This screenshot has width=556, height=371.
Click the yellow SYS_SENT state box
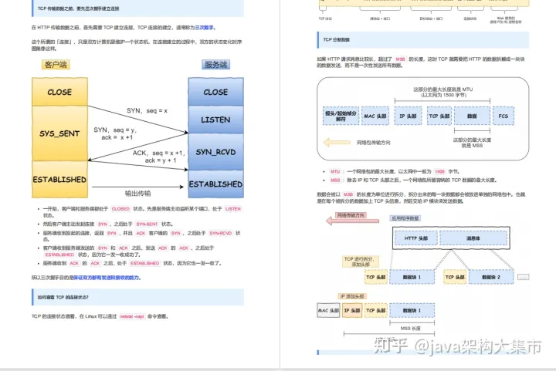tap(59, 133)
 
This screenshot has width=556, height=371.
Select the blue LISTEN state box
tap(215, 120)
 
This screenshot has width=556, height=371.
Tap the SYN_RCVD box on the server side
tap(215, 152)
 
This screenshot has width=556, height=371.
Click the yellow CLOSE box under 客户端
tap(59, 92)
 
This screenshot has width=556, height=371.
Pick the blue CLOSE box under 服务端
tap(215, 92)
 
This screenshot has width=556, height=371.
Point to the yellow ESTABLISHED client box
tap(59, 179)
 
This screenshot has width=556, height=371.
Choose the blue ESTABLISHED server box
tap(215, 184)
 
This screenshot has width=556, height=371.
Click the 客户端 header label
tap(55, 65)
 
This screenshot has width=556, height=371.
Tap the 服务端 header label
tap(215, 65)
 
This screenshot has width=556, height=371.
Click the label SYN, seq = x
tap(147, 111)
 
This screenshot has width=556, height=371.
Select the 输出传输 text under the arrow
tap(137, 193)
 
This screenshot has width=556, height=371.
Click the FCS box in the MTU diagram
tap(504, 116)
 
